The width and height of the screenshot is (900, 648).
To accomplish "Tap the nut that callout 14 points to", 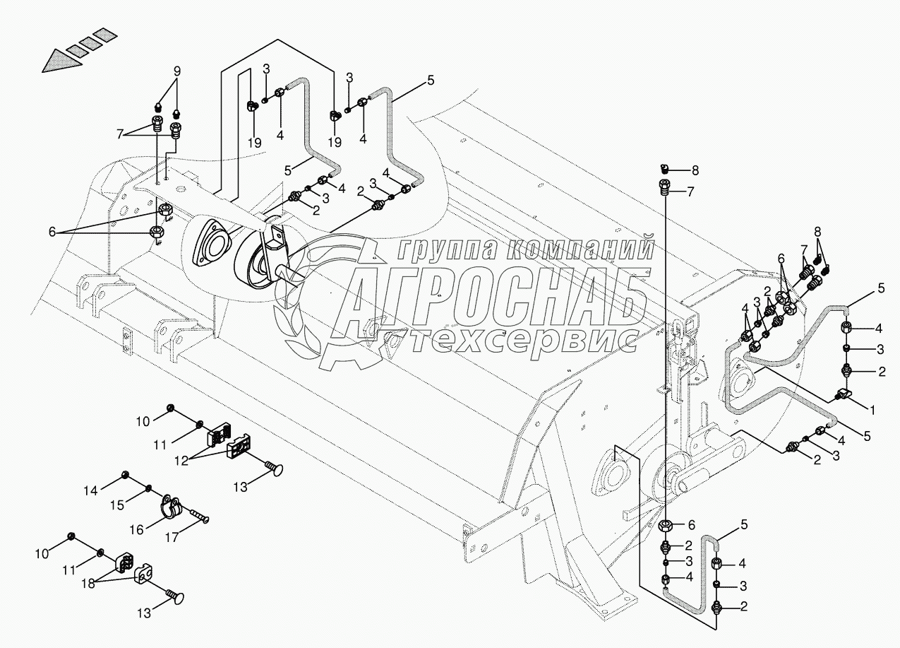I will [124, 473].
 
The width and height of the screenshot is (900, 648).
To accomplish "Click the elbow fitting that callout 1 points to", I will [844, 394].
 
